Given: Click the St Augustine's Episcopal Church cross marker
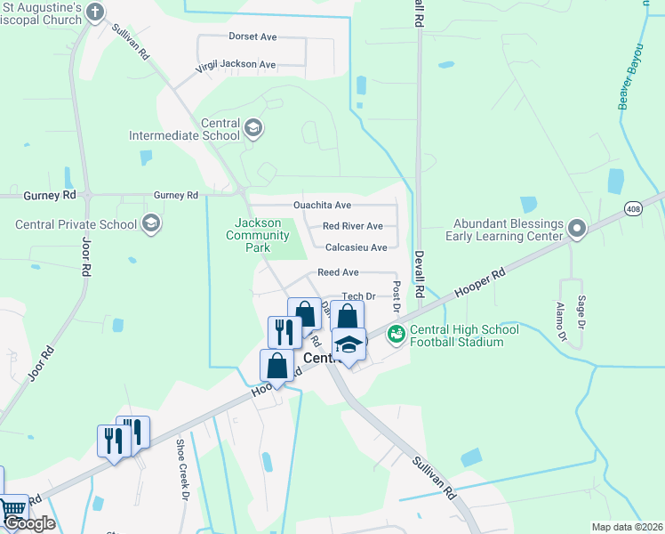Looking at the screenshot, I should point(97,12).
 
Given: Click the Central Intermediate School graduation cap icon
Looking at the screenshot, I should point(253,129).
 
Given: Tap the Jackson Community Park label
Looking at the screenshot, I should point(258,235).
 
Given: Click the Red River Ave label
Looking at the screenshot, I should point(352,226).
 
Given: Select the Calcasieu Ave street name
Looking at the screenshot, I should point(356,247).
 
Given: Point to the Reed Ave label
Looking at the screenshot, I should point(338,272).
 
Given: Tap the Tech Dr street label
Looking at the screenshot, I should point(359,296).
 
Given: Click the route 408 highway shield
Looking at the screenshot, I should point(633,209).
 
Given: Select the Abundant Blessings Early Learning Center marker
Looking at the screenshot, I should point(576,230).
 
